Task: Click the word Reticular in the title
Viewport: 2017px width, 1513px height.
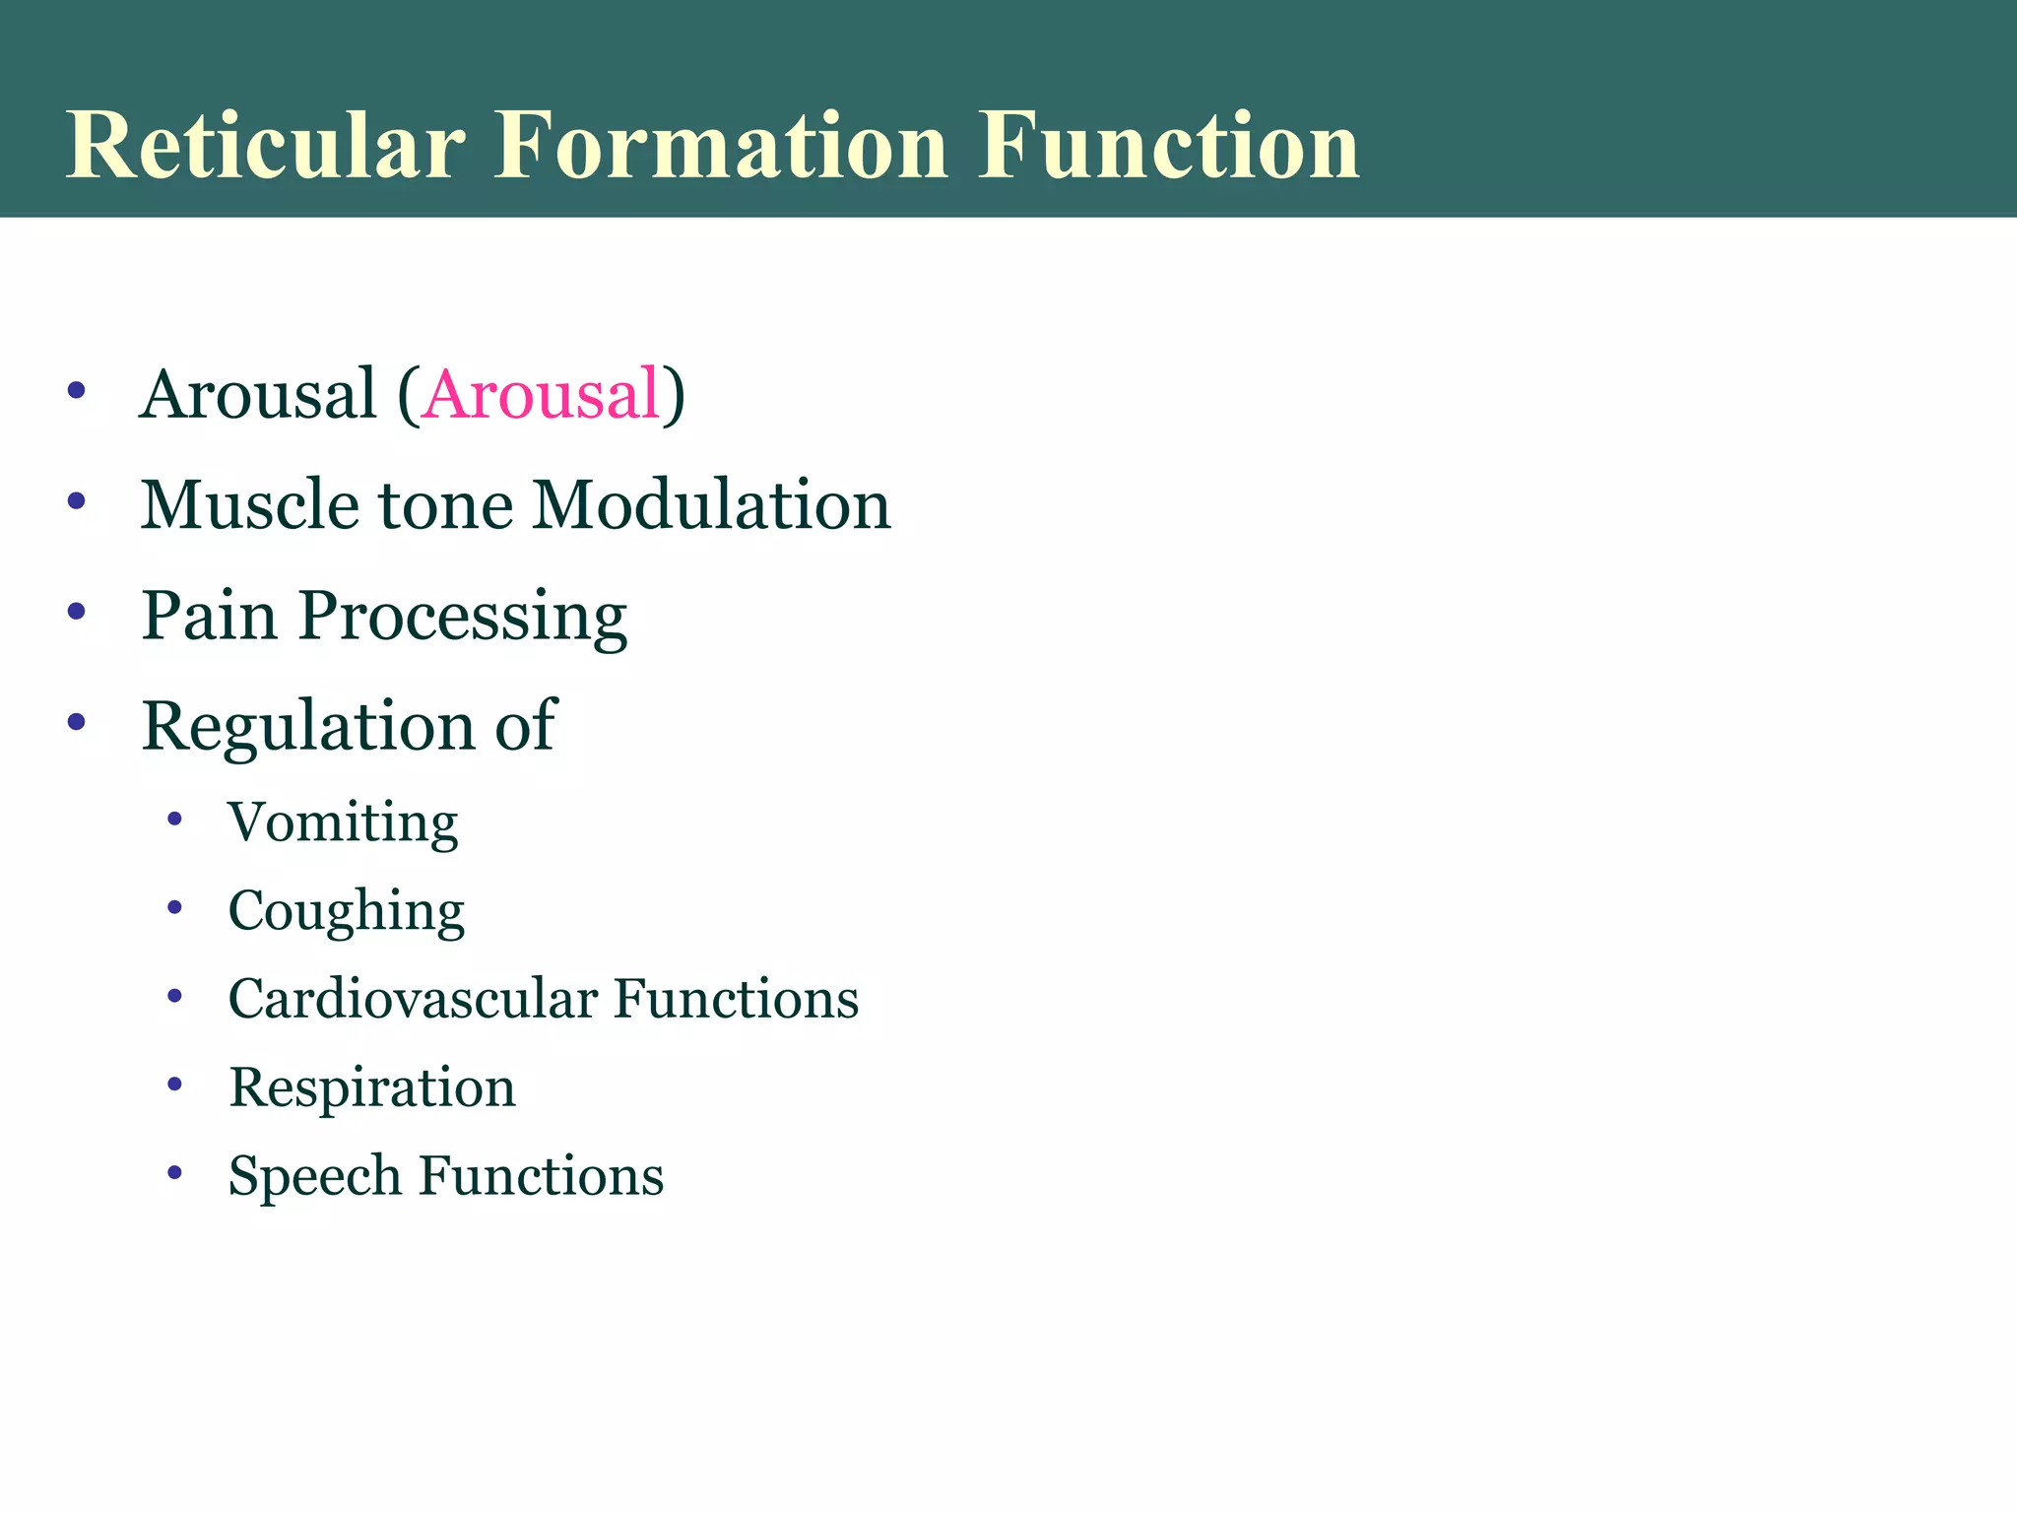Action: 264,146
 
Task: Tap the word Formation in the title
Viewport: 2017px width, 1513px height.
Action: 720,146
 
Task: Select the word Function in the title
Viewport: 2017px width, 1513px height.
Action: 1168,146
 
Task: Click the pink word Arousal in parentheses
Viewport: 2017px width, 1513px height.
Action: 541,394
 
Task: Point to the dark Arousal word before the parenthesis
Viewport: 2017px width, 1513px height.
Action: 259,394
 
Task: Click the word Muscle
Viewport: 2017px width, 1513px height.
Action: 250,504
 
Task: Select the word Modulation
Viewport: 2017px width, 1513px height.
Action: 711,504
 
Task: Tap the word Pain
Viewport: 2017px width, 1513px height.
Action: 209,616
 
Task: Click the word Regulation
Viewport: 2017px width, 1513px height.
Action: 308,726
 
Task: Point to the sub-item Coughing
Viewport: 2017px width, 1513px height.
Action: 346,911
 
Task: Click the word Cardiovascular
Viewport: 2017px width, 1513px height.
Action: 413,999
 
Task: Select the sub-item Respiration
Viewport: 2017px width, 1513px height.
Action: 372,1088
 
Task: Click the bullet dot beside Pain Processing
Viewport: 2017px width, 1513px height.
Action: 77,612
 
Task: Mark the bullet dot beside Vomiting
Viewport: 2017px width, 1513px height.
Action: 175,819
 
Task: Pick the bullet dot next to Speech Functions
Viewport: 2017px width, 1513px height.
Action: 175,1172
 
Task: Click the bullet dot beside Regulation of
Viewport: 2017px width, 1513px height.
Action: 77,722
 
